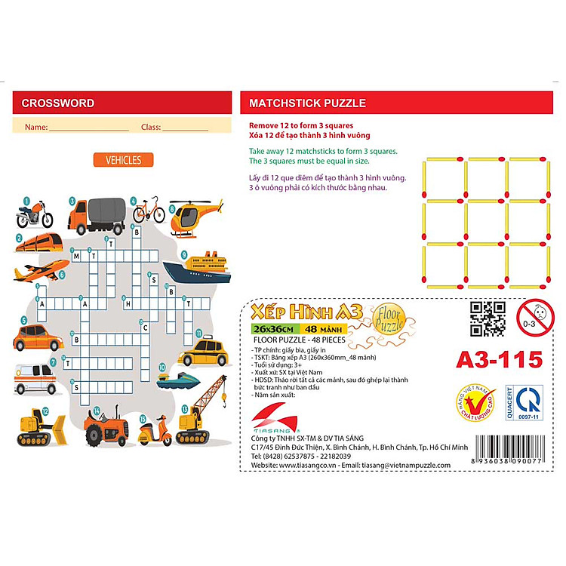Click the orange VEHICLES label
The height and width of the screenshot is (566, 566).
point(123,160)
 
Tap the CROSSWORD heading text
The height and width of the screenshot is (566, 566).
point(58,103)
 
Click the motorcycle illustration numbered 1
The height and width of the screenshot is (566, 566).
point(35,215)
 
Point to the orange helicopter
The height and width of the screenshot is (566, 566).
point(196,216)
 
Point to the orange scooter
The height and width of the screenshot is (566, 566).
point(154,430)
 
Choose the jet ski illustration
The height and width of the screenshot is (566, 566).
point(179,378)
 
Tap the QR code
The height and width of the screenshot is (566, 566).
point(486,318)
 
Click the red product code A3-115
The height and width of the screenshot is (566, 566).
point(500,360)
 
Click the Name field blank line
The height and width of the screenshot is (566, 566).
point(89,129)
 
